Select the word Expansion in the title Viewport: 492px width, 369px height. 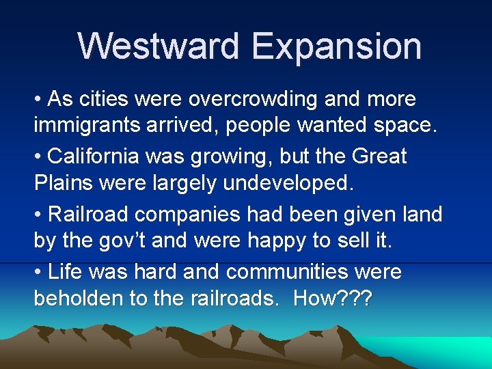pyautogui.click(x=336, y=46)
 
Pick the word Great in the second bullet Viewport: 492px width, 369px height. pyautogui.click(x=379, y=156)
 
